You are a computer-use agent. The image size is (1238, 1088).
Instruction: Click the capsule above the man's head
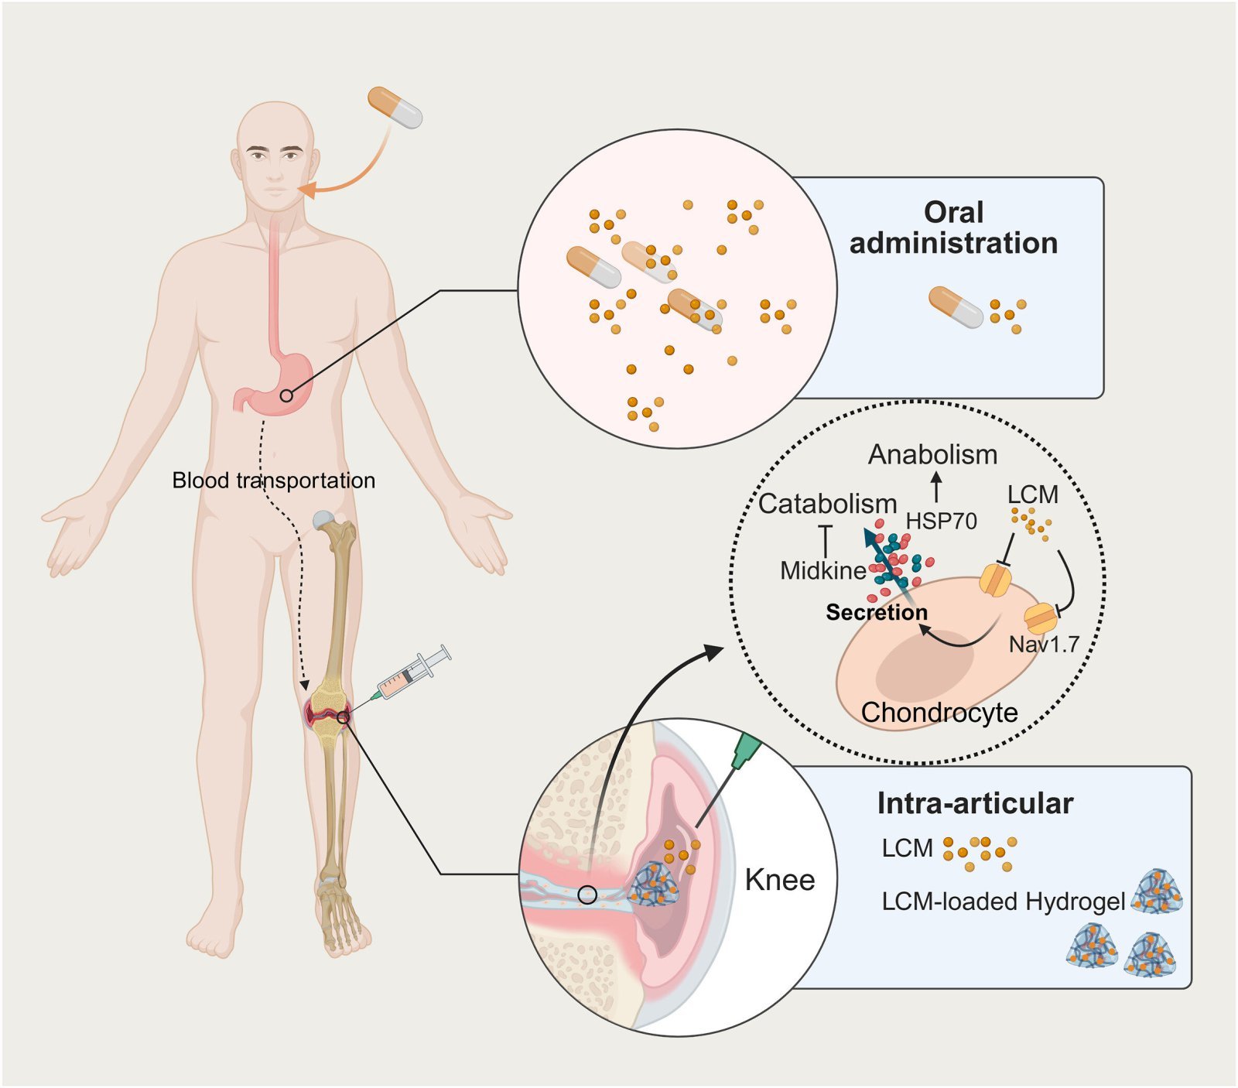[x=395, y=107]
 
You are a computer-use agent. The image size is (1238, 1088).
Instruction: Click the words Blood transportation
[x=273, y=481]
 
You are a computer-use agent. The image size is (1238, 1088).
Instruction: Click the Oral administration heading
[x=953, y=228]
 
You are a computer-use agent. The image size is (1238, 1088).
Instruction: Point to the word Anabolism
[x=932, y=454]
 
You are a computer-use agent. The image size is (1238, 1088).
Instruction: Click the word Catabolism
[x=827, y=504]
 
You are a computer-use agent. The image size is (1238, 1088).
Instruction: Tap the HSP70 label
[x=941, y=521]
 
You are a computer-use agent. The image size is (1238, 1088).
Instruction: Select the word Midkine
[x=822, y=571]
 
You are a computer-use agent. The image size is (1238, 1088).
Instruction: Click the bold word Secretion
[x=877, y=612]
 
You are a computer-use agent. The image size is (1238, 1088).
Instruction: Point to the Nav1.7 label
[x=1044, y=644]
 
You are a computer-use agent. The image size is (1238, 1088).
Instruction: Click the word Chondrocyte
[x=939, y=712]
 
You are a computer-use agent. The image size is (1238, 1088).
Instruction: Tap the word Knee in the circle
[x=780, y=880]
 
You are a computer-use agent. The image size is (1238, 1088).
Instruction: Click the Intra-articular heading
[x=975, y=803]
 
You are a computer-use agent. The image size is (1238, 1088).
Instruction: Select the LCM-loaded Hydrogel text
[x=1003, y=902]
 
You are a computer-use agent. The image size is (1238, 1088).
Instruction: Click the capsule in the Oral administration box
[x=956, y=306]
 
